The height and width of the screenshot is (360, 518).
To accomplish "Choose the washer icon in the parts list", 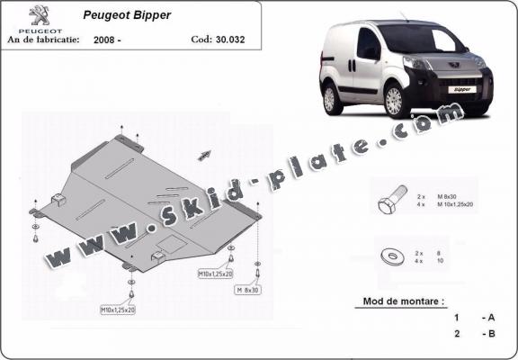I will [x=394, y=253].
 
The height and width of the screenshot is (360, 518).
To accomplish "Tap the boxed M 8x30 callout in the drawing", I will [x=247, y=290].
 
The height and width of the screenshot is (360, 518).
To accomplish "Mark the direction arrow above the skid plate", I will [x=204, y=154].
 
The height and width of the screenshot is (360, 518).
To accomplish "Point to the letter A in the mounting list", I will [x=490, y=318].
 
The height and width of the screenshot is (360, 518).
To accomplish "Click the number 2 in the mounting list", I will [x=456, y=333].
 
